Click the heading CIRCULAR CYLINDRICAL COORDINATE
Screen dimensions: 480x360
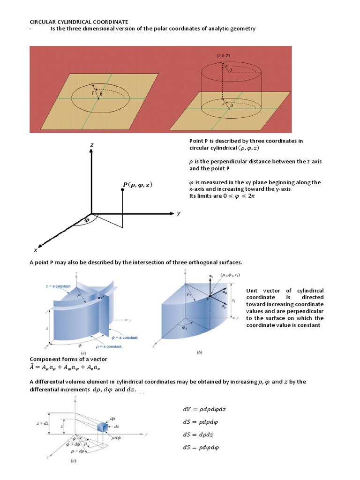point(72,22)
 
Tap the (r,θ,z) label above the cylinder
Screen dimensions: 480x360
point(223,55)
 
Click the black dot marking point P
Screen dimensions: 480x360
point(122,190)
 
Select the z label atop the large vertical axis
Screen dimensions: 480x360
point(92,146)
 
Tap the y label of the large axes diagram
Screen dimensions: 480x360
point(179,213)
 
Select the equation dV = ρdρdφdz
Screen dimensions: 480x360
point(204,409)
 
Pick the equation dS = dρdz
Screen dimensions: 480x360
point(198,435)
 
